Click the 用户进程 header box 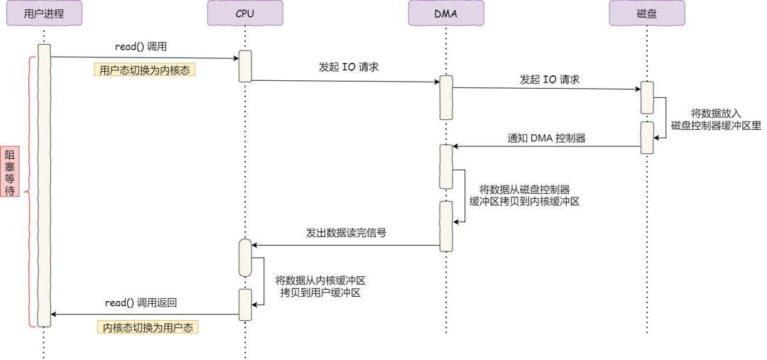(x=44, y=13)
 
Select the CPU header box (x=245, y=13)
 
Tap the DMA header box (x=446, y=13)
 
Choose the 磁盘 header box (x=647, y=13)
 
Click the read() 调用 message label (x=141, y=47)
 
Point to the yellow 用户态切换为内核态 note (x=145, y=70)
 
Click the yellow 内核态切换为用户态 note (x=148, y=327)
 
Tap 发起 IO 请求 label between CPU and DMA (x=349, y=67)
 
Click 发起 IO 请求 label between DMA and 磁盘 (x=550, y=80)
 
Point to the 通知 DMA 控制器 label (x=547, y=138)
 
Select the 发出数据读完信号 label (x=346, y=232)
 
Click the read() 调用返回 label (x=141, y=302)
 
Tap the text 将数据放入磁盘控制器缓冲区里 (x=716, y=119)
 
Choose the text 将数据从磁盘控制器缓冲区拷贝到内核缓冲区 (x=525, y=195)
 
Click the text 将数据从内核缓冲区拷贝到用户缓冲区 (x=320, y=286)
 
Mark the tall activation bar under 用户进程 (x=44, y=185)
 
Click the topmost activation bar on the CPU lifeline (x=245, y=66)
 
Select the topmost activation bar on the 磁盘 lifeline (x=647, y=97)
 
